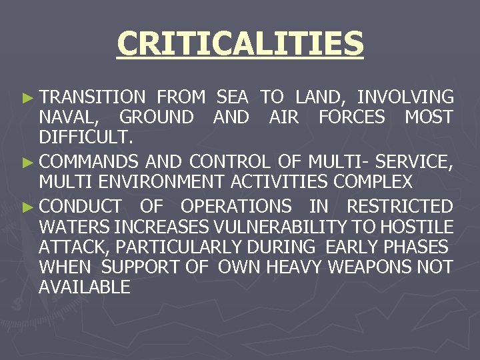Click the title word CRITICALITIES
pyautogui.click(x=240, y=44)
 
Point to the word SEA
pyautogui.click(x=233, y=97)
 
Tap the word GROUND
pyautogui.click(x=157, y=118)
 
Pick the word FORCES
pyautogui.click(x=351, y=118)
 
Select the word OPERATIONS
pyautogui.click(x=236, y=206)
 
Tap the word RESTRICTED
pyautogui.click(x=399, y=206)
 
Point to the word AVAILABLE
pyautogui.click(x=85, y=288)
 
